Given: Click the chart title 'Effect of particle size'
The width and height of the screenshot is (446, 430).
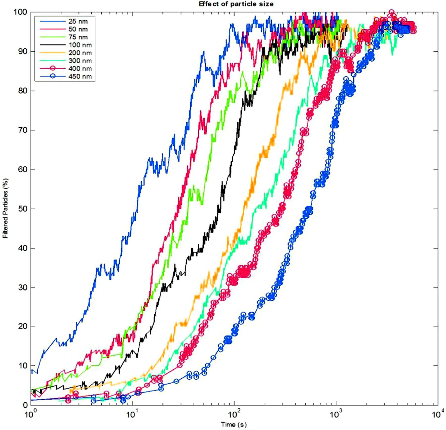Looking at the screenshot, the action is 236,4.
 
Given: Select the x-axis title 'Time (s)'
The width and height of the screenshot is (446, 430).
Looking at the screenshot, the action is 234,424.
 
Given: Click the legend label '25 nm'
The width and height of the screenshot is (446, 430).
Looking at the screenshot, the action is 78,21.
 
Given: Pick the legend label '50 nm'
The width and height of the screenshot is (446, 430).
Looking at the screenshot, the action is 78,29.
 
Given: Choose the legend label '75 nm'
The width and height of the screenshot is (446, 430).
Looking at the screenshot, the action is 78,37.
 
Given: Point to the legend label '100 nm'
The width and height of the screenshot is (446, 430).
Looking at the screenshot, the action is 80,45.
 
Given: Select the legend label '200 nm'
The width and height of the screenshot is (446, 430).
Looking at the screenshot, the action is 80,53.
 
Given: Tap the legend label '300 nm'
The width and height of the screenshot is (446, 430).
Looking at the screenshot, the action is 80,61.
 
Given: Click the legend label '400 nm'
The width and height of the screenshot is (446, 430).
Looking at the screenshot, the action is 80,69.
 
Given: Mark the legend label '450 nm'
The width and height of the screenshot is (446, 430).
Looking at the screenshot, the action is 80,76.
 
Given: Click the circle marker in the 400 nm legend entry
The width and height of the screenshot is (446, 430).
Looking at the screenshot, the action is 53,68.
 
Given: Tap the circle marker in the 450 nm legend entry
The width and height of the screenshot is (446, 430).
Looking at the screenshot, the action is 53,76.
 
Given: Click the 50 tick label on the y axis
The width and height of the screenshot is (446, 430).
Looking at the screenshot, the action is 22,209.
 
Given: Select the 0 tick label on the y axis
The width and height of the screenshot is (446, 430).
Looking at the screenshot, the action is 25,405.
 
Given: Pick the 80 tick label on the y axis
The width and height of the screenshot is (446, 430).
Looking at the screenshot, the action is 22,91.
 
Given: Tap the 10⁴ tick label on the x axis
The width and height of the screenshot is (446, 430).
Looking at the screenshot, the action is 438,413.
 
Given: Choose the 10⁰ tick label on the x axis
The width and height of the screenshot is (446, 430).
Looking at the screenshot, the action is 31,413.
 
